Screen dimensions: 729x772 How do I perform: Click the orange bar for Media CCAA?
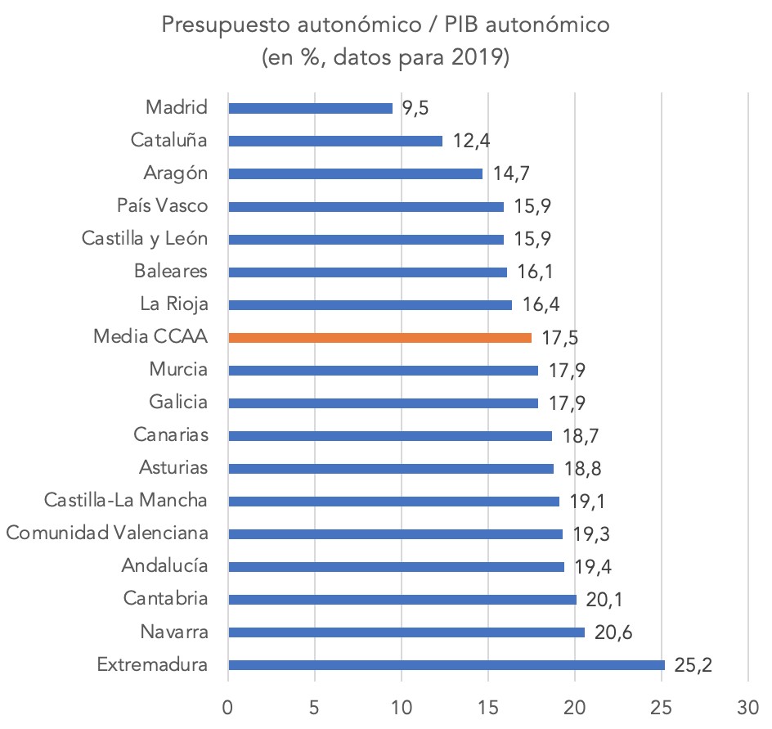click(379, 337)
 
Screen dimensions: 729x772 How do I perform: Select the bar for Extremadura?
click(446, 664)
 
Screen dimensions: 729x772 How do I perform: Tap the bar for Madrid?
click(310, 108)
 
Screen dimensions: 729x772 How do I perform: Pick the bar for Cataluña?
click(335, 141)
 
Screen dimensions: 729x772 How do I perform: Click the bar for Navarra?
click(406, 632)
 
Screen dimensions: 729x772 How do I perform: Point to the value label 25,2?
click(693, 664)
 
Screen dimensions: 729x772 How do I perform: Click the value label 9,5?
click(415, 108)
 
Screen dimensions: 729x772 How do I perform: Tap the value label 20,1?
click(602, 599)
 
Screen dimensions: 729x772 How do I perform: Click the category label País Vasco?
click(162, 206)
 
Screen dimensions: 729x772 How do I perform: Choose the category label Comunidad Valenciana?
click(106, 533)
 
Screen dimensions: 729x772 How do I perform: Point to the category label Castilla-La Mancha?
click(126, 501)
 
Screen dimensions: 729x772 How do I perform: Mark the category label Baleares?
click(170, 272)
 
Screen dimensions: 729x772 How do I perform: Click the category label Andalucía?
click(164, 566)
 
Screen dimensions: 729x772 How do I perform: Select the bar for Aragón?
click(355, 173)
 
